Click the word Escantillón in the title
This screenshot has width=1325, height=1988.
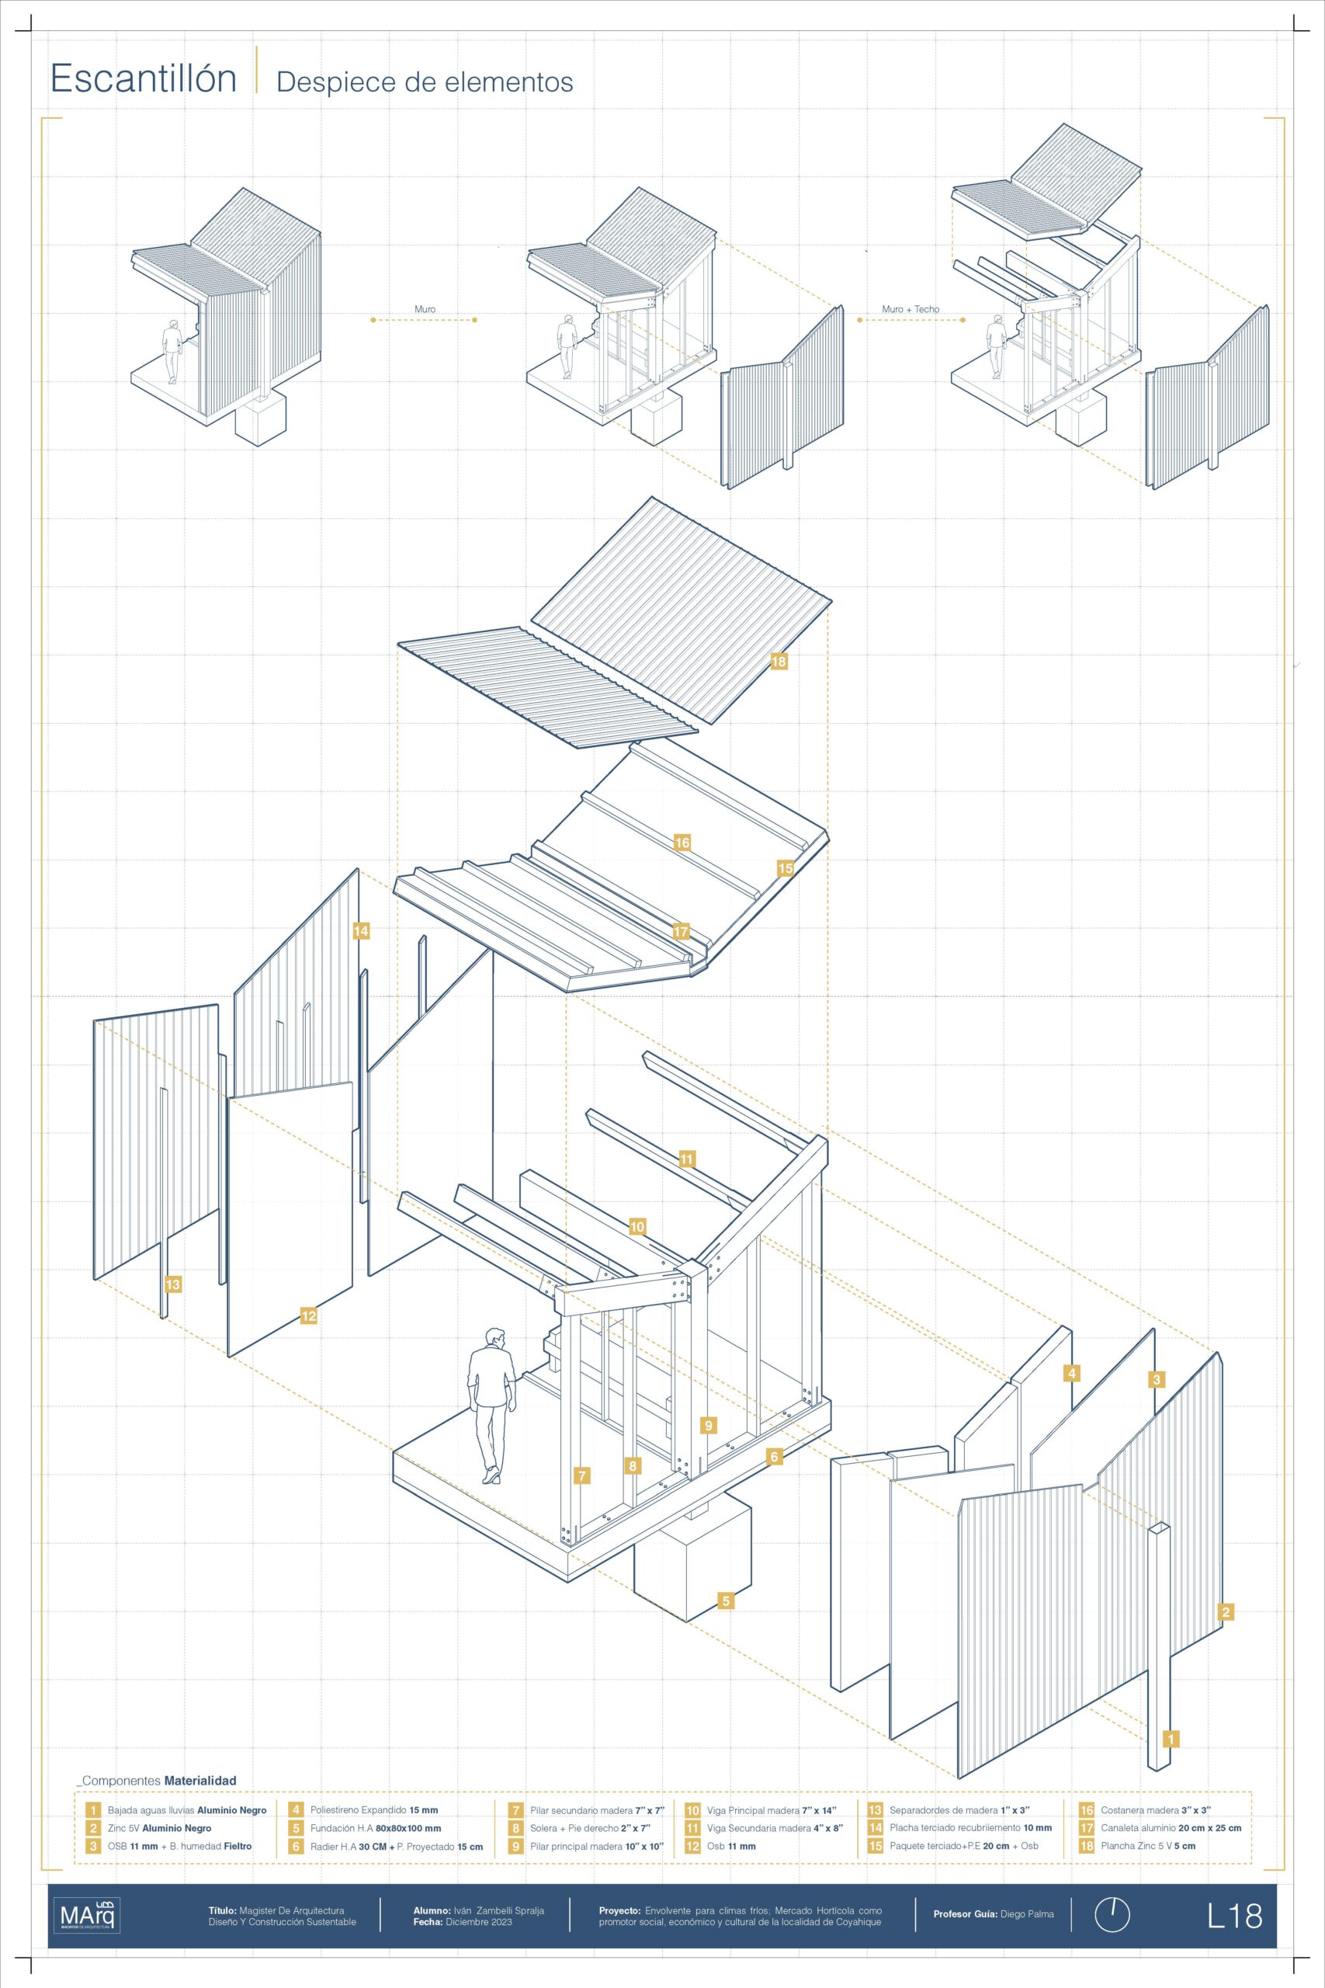coord(144,78)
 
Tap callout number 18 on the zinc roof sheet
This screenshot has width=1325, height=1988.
coord(779,661)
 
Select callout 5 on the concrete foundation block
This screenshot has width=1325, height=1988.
coord(725,1600)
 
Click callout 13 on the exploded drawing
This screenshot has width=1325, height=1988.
coord(172,1284)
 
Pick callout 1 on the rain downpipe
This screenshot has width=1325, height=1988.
coord(1171,1739)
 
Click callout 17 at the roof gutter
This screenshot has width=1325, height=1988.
coord(681,933)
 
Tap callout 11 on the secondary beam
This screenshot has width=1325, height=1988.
coord(687,1159)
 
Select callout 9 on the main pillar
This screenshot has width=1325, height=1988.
coord(708,1425)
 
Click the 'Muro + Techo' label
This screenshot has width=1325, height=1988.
coord(910,309)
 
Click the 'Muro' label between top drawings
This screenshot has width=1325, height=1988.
coord(425,309)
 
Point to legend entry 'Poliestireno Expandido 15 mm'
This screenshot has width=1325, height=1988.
coord(374,1810)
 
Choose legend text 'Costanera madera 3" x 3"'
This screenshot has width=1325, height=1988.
coord(1156,1810)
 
